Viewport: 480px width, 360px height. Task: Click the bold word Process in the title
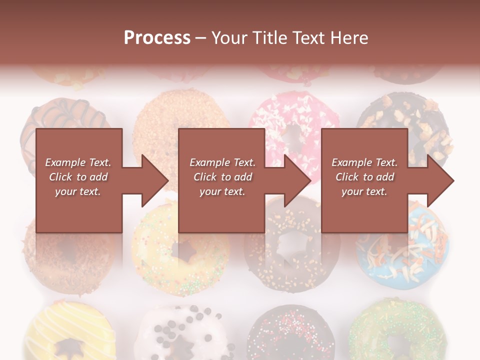click(x=157, y=38)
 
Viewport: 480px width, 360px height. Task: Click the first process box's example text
click(x=78, y=177)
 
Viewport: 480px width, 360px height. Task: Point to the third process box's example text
click(x=364, y=177)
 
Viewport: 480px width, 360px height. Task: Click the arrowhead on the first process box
click(x=152, y=180)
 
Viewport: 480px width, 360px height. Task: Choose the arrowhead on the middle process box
click(x=295, y=180)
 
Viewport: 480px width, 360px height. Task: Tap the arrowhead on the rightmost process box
click(x=438, y=180)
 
